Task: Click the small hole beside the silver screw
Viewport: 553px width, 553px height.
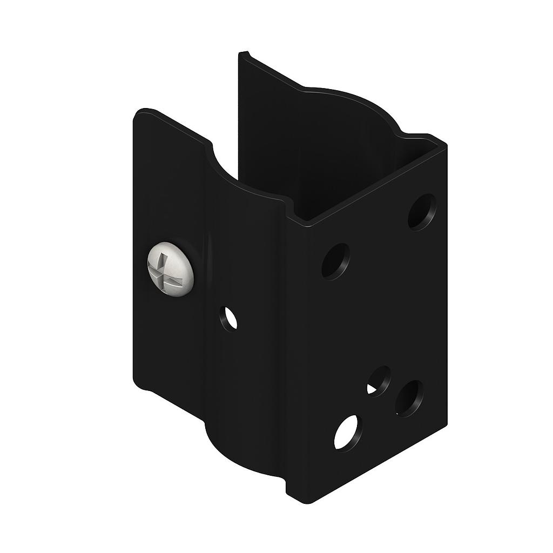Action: click(x=228, y=318)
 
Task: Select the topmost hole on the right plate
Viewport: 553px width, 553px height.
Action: click(x=422, y=212)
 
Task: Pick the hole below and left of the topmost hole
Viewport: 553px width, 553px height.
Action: click(x=335, y=261)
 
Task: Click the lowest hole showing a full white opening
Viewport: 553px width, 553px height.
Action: click(x=347, y=433)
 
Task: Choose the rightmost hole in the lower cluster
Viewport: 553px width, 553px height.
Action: click(x=409, y=399)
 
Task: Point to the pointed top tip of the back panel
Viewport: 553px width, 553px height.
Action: click(x=243, y=54)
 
